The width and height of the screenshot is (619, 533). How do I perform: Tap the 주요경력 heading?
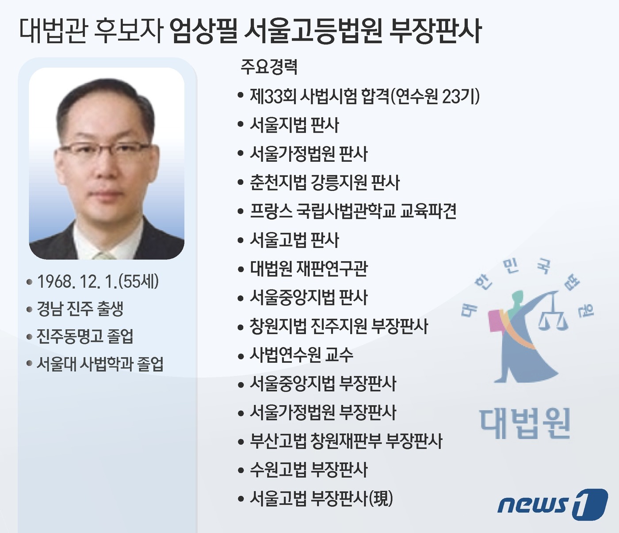269,67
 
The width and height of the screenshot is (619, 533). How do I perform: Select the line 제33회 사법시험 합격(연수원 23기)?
364,96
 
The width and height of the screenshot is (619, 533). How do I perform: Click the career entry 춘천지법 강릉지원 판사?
325,183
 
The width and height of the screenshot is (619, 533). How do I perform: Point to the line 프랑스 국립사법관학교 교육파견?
353,211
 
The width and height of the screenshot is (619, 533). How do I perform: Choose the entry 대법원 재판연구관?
309,269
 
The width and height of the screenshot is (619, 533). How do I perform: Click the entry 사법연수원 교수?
301,355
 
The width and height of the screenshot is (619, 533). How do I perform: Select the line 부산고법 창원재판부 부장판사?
346,441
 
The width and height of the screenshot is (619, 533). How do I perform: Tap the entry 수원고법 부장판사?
309,470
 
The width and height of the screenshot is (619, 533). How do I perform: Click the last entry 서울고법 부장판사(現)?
321,499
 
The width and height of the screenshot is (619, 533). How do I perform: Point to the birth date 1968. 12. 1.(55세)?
97,282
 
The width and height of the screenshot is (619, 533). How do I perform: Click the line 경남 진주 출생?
80,309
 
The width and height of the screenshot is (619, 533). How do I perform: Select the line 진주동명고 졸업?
84,337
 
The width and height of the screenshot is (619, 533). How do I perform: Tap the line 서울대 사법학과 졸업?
99,364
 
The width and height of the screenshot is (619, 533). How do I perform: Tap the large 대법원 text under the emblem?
525,423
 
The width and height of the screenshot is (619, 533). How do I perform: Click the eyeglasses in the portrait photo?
109,149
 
